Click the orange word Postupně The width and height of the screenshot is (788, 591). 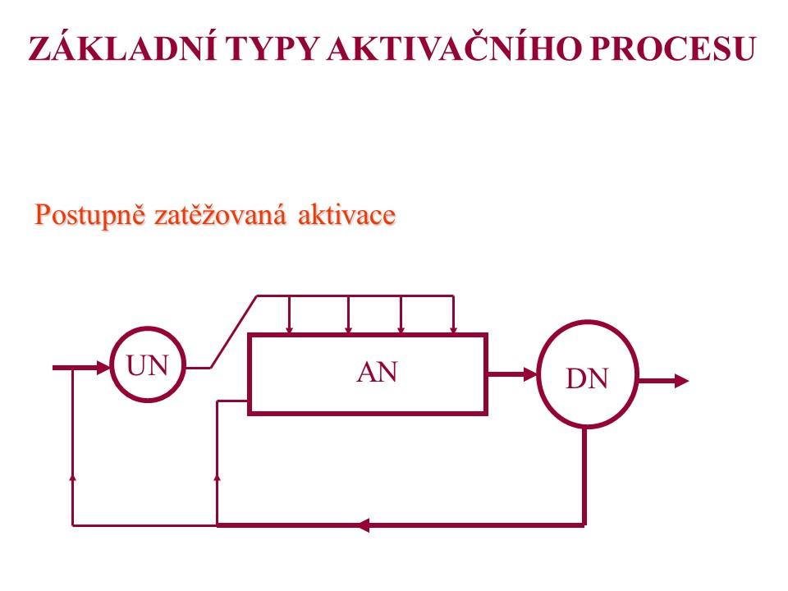tap(90, 214)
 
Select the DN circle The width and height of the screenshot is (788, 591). tap(586, 374)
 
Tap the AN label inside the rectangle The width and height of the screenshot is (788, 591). tap(377, 373)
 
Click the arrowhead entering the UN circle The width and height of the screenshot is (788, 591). tap(103, 368)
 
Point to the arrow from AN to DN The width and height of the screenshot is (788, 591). tap(512, 374)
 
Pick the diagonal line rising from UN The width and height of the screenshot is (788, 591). tap(235, 332)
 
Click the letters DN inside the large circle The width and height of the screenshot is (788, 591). tap(586, 378)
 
